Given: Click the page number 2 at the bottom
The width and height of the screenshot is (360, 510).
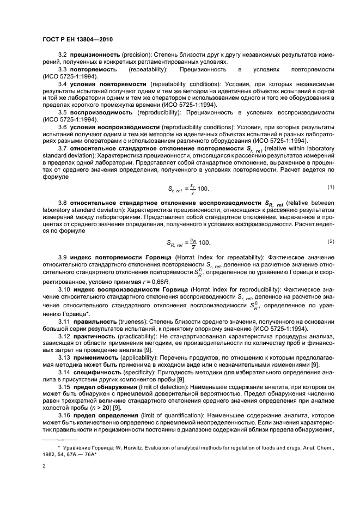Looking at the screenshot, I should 44,466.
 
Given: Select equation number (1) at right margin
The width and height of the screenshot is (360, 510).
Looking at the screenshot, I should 330,187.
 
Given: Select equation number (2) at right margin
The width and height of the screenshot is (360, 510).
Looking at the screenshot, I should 330,241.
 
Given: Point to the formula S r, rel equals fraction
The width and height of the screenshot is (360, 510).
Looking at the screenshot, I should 187,189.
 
